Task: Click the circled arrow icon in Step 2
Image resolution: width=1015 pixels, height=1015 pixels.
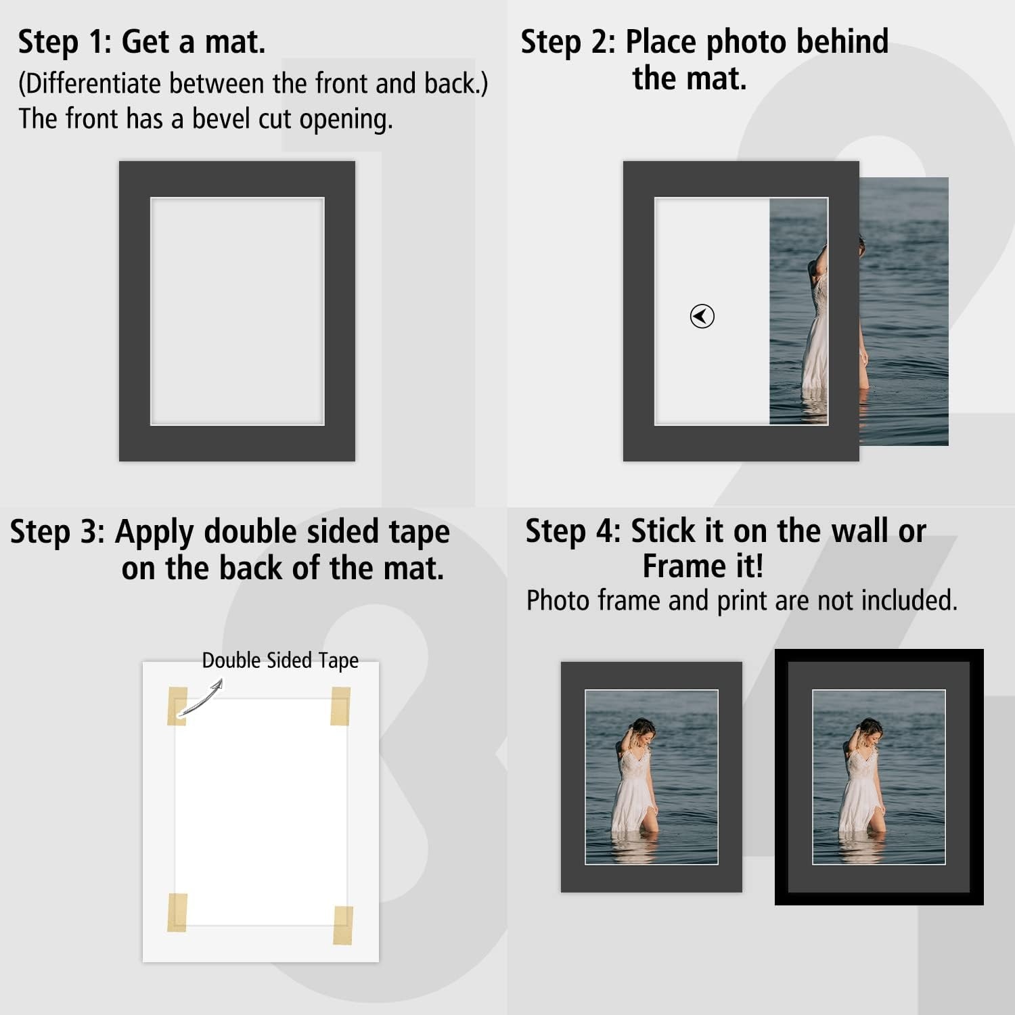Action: pos(702,316)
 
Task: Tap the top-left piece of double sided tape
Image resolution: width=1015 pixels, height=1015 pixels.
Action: pos(177,706)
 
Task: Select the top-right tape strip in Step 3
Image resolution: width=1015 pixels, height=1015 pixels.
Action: pos(340,706)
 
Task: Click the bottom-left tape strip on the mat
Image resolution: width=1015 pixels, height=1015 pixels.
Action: pos(177,912)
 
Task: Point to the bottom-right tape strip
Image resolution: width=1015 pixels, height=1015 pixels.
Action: pos(343,924)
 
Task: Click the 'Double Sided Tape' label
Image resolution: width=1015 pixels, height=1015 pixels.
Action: pos(280,660)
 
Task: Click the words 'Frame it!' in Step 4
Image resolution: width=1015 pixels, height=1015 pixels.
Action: pos(703,566)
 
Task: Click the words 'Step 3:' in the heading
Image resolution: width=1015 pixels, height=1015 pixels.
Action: pos(58,532)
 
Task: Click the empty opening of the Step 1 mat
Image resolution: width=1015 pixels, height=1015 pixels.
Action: pos(237,311)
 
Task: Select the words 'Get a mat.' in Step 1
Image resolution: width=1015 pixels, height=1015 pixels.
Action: pos(194,42)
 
